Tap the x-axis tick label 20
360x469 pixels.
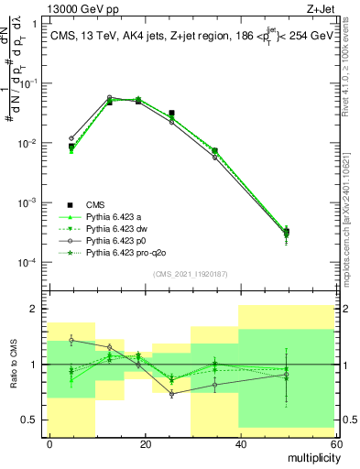pyautogui.click(x=145, y=444)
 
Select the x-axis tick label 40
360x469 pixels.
pyautogui.click(x=240, y=444)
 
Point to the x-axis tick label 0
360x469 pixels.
pyautogui.click(x=49, y=444)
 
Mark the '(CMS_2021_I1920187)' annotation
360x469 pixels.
pyautogui.click(x=189, y=273)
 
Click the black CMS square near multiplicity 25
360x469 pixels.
pyautogui.click(x=171, y=114)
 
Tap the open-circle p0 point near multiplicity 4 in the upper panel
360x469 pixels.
pyautogui.click(x=71, y=139)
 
